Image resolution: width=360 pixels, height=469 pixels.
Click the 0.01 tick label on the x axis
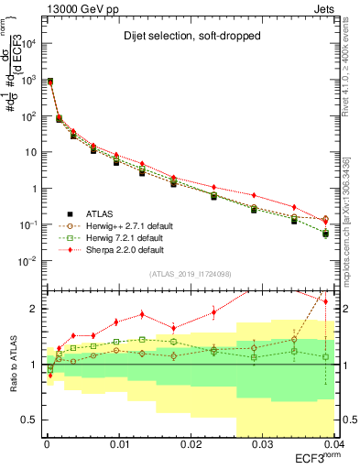(119, 444)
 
